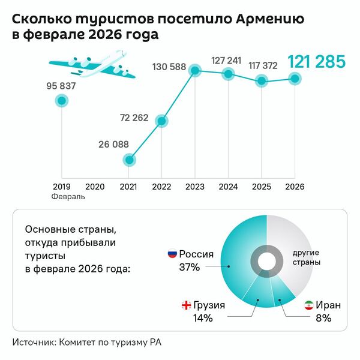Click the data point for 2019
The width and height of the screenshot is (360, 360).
pos(61,101)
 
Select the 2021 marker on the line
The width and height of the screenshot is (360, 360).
pos(129,160)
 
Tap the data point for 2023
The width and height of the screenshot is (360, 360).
pos(194,71)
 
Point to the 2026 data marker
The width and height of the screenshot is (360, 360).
pos(294,78)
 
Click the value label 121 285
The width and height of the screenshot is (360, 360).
pos(316,61)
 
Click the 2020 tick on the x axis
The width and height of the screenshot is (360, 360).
pos(95,187)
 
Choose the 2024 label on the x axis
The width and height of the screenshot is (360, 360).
pos(227,187)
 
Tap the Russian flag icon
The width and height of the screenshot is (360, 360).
pos(172,254)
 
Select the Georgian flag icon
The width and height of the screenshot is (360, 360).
pos(186,305)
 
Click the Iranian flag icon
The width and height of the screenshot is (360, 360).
pos(309,305)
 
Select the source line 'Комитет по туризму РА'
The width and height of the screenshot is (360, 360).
pos(110,342)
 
